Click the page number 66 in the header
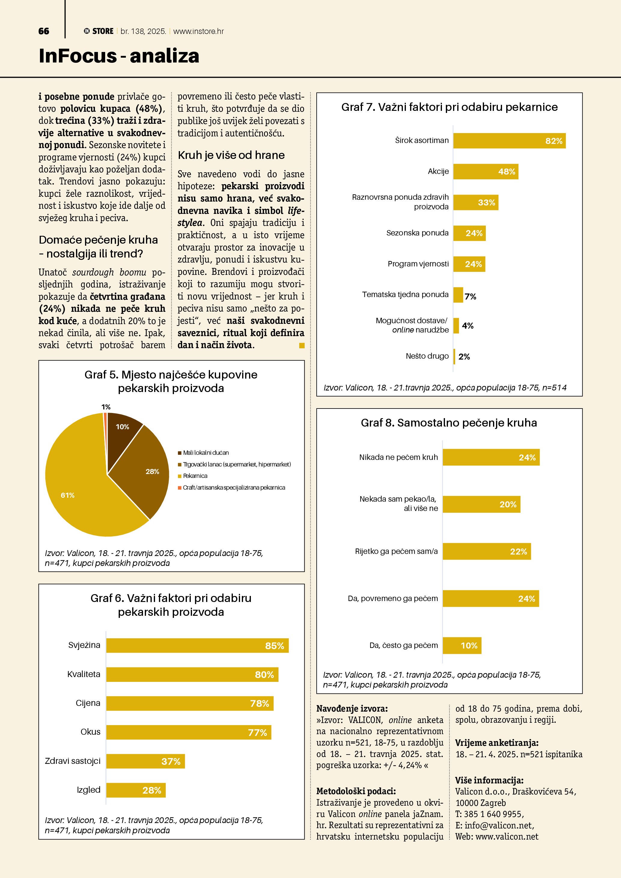tap(44, 31)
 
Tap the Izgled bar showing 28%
tap(136, 790)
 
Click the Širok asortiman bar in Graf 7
tap(509, 141)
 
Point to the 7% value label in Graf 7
tap(470, 296)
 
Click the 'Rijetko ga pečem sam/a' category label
tap(396, 551)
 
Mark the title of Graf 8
tap(449, 423)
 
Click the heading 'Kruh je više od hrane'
tap(231, 155)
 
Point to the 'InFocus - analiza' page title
tap(119, 56)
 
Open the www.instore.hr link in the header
tap(199, 31)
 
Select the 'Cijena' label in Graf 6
tap(88, 703)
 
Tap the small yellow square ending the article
tap(302, 346)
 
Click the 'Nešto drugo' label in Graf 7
tap(427, 356)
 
